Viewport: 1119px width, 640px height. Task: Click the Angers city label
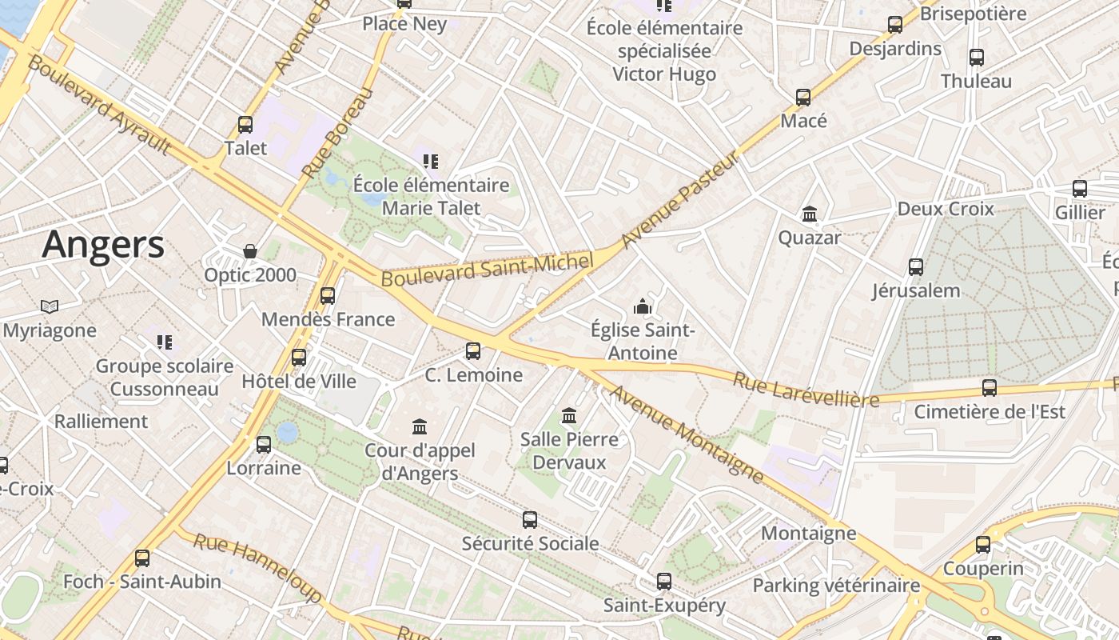[103, 243]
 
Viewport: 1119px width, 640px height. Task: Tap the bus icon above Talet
[245, 125]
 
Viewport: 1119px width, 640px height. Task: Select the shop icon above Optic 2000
[250, 251]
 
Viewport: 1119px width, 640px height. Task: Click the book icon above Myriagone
[50, 306]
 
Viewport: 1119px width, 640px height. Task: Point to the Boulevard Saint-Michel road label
[488, 269]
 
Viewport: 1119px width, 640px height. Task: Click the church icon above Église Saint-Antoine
[642, 306]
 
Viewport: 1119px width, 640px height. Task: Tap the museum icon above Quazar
[810, 214]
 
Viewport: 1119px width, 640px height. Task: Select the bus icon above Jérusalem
[916, 266]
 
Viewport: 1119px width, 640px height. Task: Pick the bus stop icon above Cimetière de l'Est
[990, 388]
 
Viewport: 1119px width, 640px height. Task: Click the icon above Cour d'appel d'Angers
[420, 426]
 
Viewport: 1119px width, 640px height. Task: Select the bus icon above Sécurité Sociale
[530, 520]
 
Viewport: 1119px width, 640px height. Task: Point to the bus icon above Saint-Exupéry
[664, 582]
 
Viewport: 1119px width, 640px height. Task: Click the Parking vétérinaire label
[836, 586]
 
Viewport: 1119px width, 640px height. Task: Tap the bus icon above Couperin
[983, 545]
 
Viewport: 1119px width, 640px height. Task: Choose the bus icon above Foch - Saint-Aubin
[142, 558]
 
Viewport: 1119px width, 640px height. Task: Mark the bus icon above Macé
[803, 98]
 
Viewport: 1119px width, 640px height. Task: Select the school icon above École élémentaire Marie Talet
[432, 162]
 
